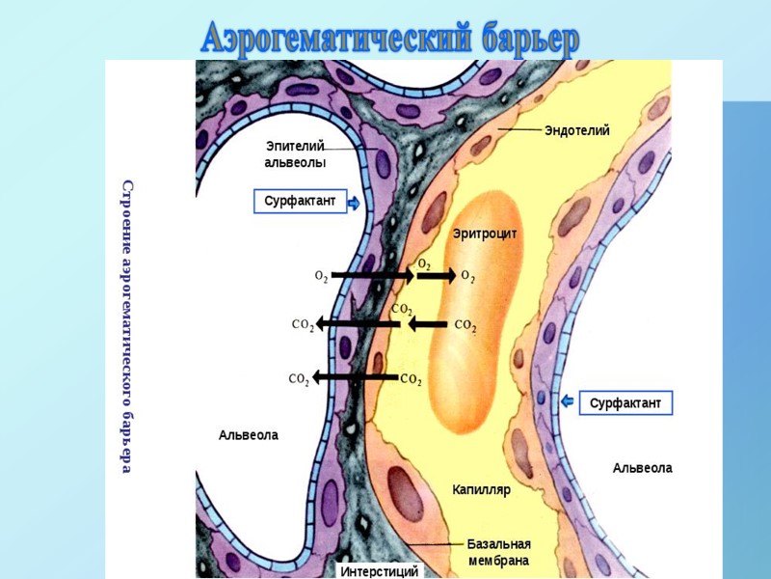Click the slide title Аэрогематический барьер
(389, 39)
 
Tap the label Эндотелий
(576, 130)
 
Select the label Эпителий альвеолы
(295, 154)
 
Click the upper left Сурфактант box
(300, 202)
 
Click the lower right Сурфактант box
(625, 402)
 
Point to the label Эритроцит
(485, 234)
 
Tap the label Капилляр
(481, 490)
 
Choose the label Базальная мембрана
(499, 552)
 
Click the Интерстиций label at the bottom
(379, 571)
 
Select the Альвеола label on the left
(248, 435)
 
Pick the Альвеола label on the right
(642, 468)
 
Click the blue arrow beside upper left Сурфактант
(354, 203)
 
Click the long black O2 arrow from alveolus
(373, 276)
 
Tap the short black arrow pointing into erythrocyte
(438, 276)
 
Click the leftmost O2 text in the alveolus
(321, 277)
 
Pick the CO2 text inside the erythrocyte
(465, 326)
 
